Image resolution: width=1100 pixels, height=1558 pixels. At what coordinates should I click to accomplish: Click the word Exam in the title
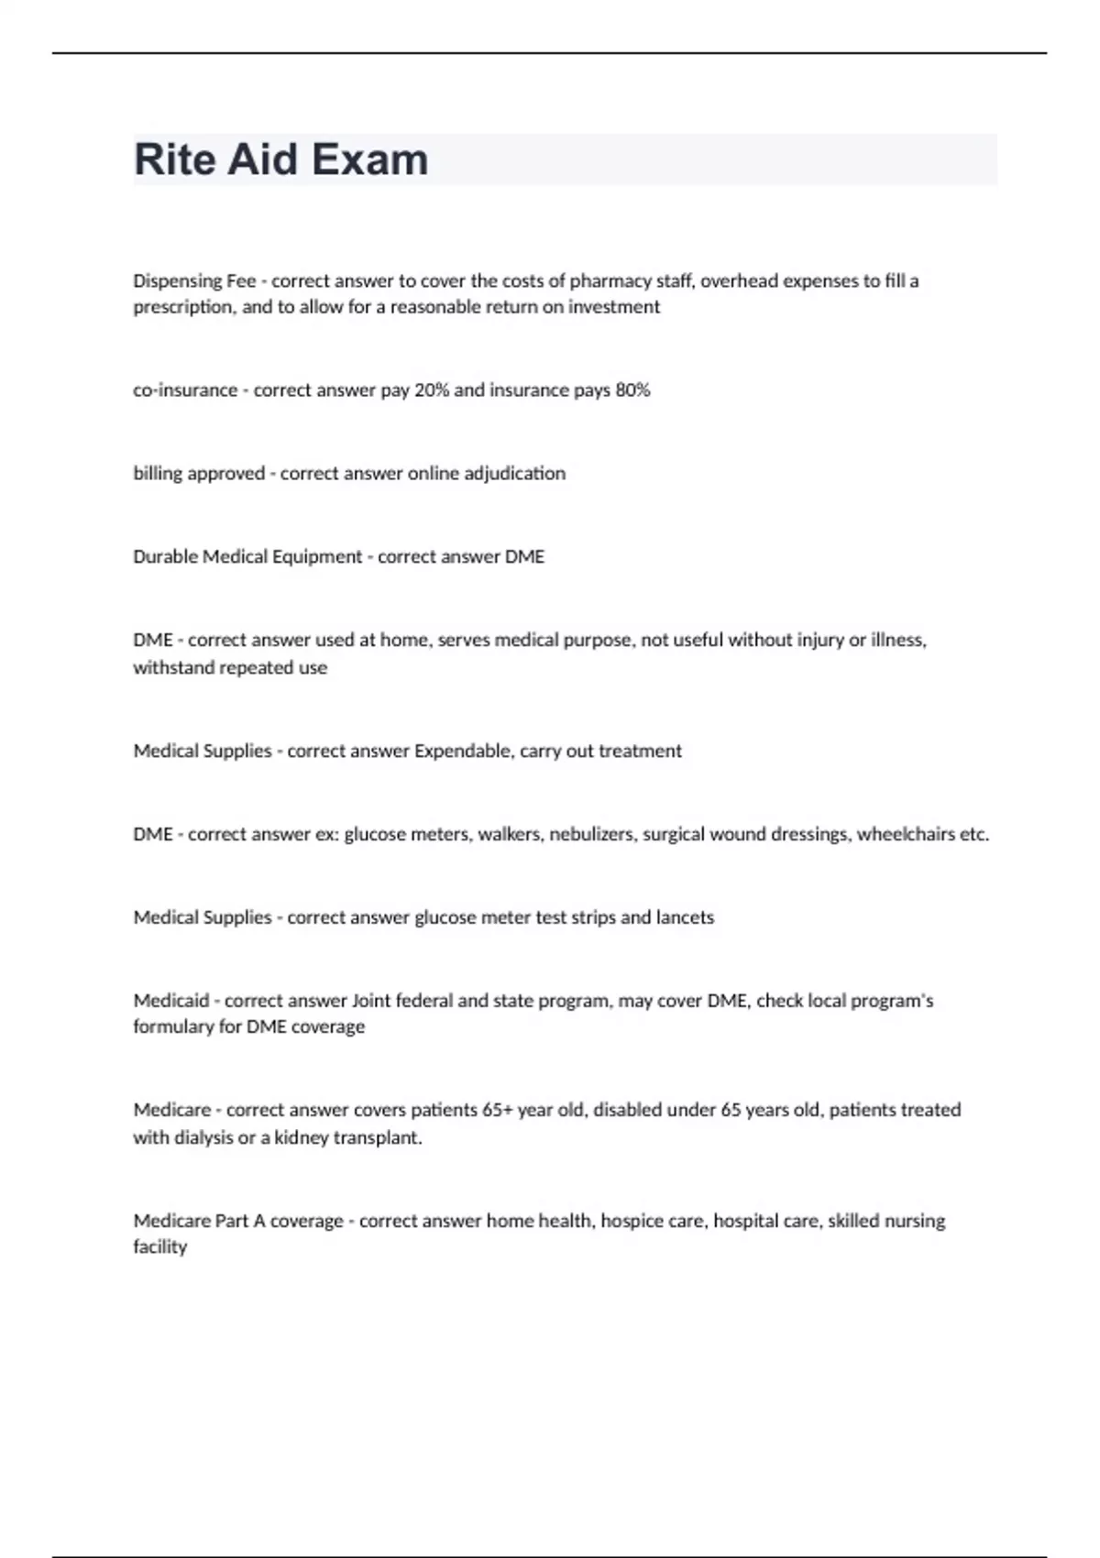point(369,159)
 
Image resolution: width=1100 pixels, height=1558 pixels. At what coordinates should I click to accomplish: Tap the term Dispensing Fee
point(194,281)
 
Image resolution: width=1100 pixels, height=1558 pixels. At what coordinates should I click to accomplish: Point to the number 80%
point(632,390)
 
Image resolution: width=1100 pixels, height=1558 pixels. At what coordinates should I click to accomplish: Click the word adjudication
point(513,474)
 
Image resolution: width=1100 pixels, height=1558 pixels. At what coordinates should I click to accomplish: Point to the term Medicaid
point(171,1001)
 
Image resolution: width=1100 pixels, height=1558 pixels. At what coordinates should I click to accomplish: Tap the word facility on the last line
point(159,1247)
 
